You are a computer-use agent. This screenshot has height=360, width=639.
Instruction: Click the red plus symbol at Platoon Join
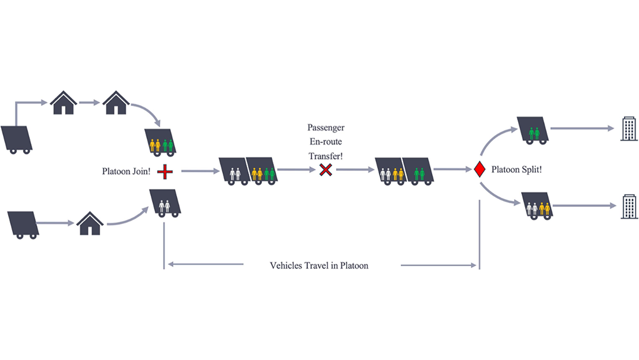click(165, 171)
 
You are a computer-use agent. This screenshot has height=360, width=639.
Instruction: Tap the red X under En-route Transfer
click(326, 170)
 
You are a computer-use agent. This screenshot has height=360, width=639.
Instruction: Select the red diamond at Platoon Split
click(478, 170)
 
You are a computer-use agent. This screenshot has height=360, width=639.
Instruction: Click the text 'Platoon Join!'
click(127, 171)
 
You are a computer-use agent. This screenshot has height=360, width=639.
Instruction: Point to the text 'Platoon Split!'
click(516, 170)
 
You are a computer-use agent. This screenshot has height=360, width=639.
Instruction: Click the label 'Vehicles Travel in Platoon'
click(319, 266)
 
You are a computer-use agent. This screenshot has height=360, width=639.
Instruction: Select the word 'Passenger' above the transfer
click(326, 128)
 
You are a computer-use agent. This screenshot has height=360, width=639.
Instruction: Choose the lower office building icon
click(629, 206)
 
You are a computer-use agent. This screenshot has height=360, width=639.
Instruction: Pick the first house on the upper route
click(63, 103)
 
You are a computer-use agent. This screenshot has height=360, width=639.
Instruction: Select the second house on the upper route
click(116, 103)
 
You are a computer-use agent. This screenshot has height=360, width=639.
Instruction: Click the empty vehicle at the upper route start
click(16, 139)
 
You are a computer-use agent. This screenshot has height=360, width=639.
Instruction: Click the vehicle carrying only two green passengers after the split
click(533, 130)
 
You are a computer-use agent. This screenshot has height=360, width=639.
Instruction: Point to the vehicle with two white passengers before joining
click(165, 203)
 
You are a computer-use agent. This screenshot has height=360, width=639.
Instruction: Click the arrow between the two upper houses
click(89, 103)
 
